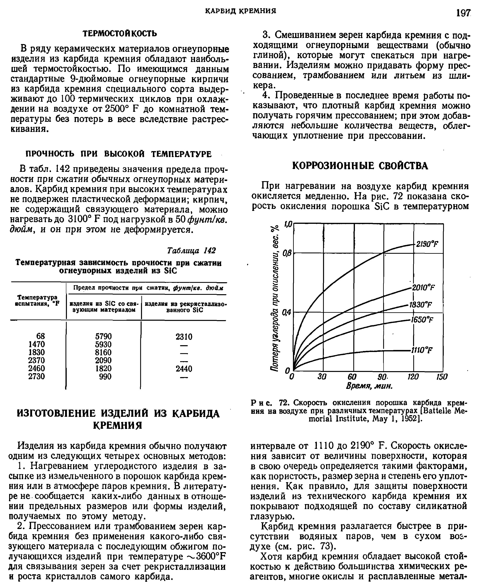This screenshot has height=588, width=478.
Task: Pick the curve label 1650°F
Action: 422,320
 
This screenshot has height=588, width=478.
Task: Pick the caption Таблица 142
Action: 192,251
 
